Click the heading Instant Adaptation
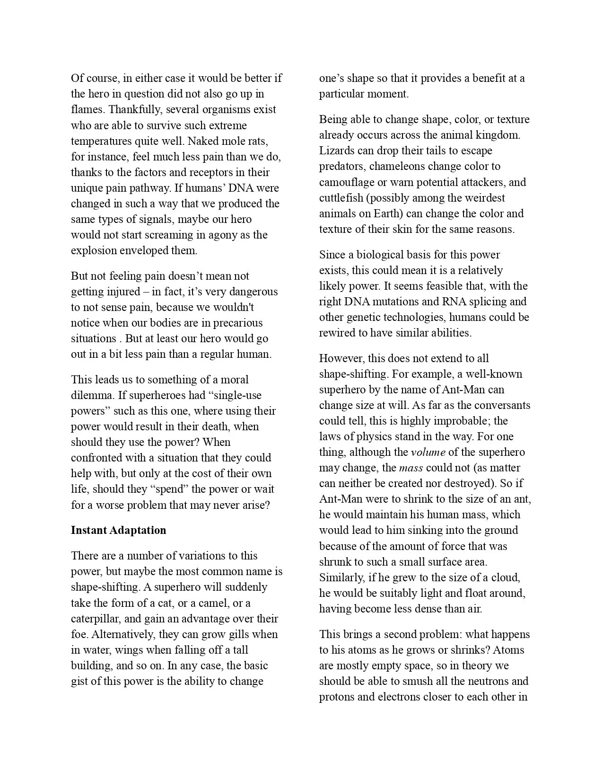coord(118,530)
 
